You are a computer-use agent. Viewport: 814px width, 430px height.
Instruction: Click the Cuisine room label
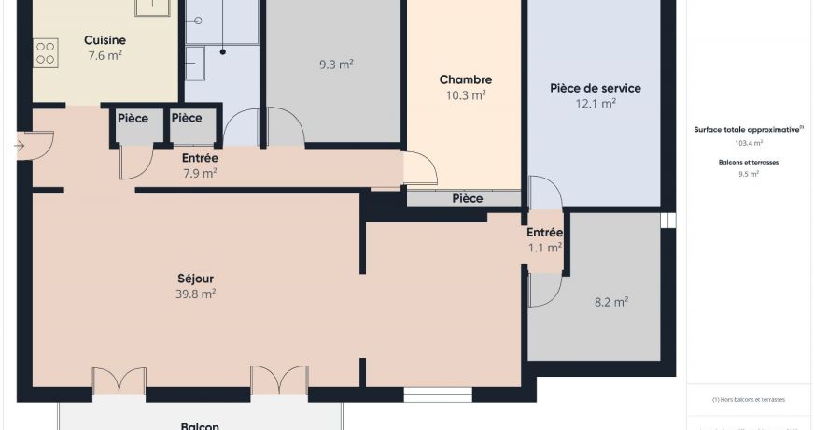(x=105, y=40)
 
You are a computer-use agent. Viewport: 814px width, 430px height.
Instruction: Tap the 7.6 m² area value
(x=105, y=55)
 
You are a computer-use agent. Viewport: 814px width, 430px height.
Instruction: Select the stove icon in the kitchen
(x=46, y=52)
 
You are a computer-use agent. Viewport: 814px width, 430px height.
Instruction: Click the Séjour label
(x=196, y=279)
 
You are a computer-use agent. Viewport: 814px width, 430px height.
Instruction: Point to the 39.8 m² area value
(x=196, y=294)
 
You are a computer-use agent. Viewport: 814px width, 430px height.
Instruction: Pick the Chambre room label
(x=466, y=80)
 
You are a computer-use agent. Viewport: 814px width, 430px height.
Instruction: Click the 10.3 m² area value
(x=466, y=95)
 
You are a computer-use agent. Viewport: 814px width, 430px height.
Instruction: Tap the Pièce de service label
(x=596, y=89)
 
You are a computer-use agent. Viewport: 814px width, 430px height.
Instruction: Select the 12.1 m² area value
(x=596, y=104)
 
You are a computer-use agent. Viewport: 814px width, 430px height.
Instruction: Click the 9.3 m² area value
(x=336, y=65)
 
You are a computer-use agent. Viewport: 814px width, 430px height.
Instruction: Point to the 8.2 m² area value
(x=610, y=302)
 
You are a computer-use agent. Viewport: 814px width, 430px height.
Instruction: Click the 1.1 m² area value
(x=545, y=248)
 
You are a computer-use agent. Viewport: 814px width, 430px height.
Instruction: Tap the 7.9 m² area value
(x=199, y=173)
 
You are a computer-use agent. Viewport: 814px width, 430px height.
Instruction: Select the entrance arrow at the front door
(x=21, y=146)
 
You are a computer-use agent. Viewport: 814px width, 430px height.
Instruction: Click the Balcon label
(x=200, y=425)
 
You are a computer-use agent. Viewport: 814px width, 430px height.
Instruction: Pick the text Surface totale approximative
(x=748, y=130)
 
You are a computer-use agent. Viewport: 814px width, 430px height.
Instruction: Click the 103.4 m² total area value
(x=749, y=144)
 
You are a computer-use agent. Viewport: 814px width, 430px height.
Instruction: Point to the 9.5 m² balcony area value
(x=749, y=174)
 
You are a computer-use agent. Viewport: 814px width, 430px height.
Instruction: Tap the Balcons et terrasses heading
(x=749, y=162)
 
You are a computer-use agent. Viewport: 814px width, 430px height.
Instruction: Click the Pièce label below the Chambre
(x=468, y=198)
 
